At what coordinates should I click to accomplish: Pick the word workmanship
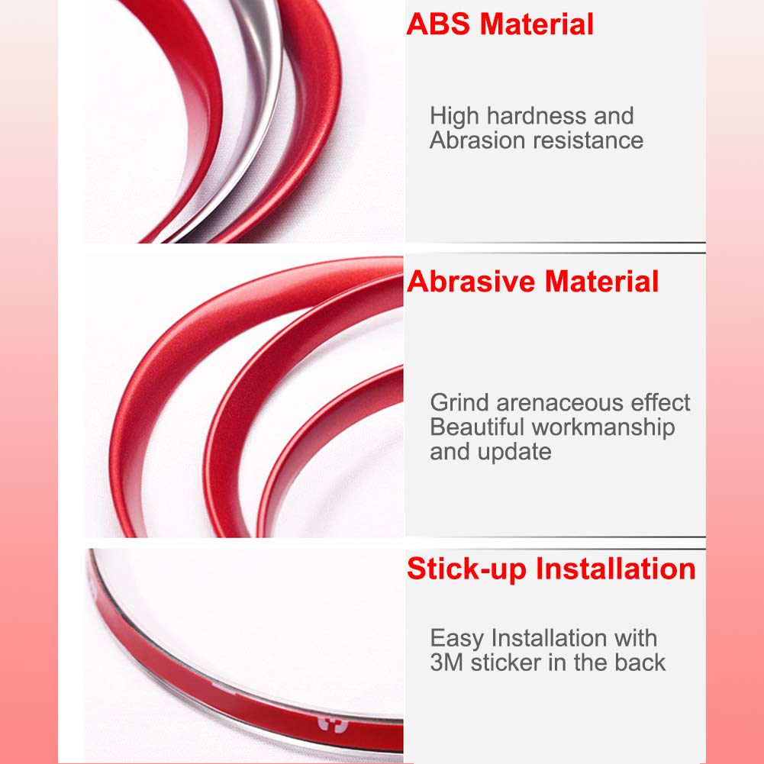tap(603, 427)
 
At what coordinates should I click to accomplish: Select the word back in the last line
tap(638, 662)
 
